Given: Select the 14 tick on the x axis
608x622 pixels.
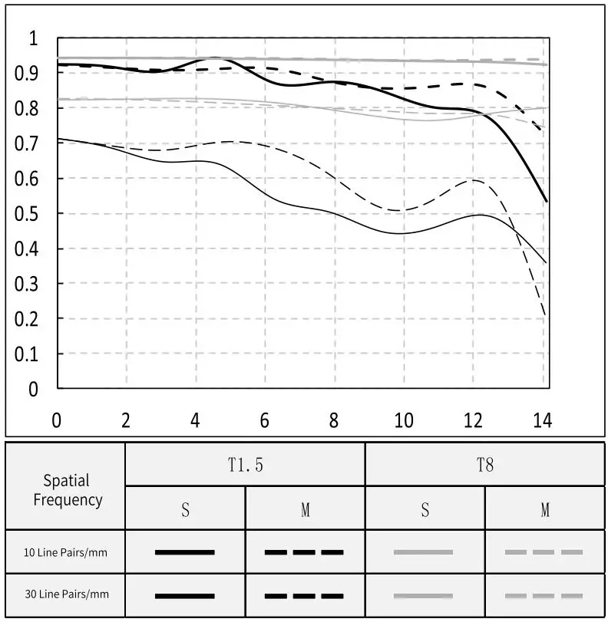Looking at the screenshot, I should click(x=542, y=420).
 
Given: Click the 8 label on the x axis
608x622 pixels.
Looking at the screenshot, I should click(x=334, y=420).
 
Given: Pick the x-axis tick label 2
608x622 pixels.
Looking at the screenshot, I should click(x=126, y=420).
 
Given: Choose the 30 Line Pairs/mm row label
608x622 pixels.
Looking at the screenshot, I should click(x=65, y=596).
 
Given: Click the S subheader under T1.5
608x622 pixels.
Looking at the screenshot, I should click(x=185, y=510).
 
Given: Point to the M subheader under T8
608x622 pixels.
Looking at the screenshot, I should click(x=545, y=510).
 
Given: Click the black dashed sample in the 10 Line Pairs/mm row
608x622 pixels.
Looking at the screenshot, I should click(x=304, y=551).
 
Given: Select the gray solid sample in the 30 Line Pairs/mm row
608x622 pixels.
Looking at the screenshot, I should click(x=424, y=596).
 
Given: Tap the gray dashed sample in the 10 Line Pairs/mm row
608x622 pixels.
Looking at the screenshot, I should click(x=544, y=551).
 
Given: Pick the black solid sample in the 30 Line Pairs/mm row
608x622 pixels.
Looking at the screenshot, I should click(x=184, y=596).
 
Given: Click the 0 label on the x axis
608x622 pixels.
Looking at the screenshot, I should click(x=56, y=420).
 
